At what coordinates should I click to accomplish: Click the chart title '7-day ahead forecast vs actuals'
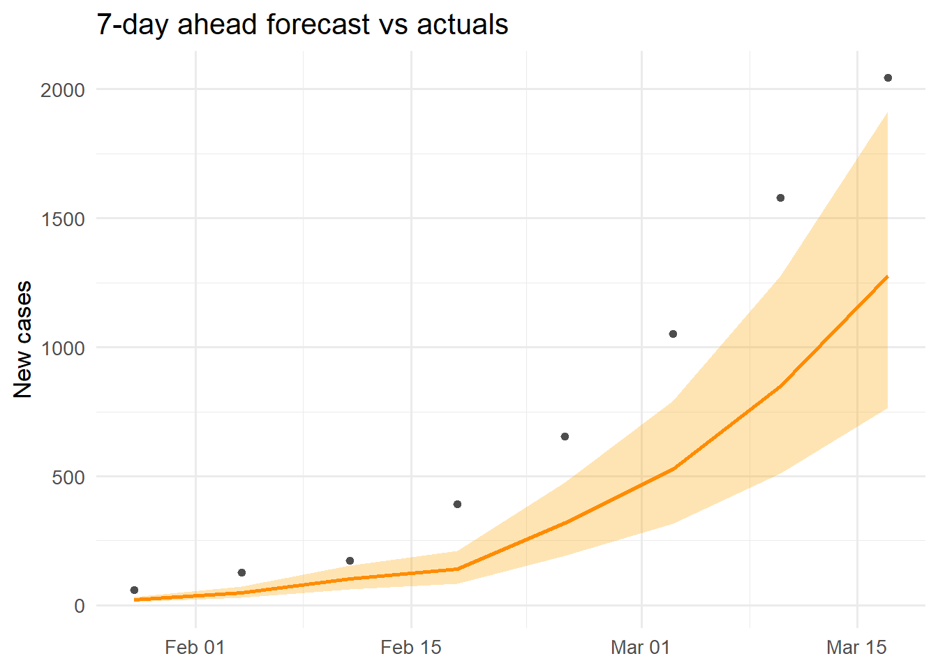[x=302, y=24]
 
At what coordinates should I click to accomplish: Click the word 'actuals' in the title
[x=462, y=24]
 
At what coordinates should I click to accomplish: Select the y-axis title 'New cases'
[x=23, y=339]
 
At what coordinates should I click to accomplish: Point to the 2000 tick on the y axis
[x=62, y=90]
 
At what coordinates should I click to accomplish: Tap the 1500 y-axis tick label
[x=62, y=219]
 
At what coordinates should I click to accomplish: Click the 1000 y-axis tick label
[x=62, y=348]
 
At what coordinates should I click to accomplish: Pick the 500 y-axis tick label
[x=68, y=477]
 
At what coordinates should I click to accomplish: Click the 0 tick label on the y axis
[x=80, y=606]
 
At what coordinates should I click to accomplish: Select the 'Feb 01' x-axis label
[x=195, y=648]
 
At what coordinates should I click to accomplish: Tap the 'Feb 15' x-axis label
[x=411, y=648]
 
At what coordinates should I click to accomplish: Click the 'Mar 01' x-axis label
[x=640, y=648]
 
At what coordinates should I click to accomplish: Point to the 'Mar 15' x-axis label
[x=856, y=648]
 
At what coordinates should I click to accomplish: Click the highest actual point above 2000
[x=888, y=77]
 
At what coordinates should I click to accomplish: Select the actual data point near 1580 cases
[x=780, y=198]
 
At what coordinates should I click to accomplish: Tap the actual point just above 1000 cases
[x=673, y=334]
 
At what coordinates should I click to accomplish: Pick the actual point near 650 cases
[x=565, y=436]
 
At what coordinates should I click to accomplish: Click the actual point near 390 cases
[x=457, y=504]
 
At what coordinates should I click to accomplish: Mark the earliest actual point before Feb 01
[x=134, y=590]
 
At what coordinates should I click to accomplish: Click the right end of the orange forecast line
[x=887, y=277]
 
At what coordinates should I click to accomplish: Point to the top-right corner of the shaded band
[x=887, y=113]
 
